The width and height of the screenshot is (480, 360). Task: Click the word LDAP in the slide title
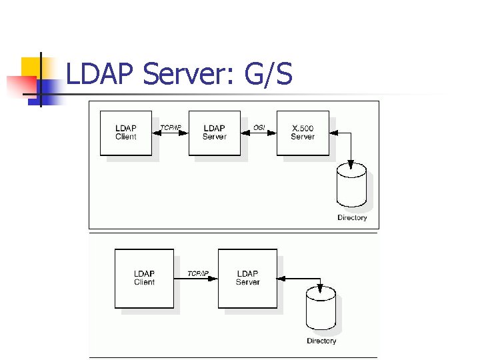[101, 75]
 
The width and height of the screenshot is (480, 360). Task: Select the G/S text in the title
[268, 75]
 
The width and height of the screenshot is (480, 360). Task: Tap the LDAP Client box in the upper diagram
[125, 133]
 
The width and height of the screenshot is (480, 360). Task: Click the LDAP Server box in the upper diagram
[214, 133]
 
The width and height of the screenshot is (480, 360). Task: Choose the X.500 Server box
[303, 133]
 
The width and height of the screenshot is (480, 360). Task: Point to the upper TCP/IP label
[170, 127]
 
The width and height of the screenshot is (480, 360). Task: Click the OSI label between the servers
[259, 127]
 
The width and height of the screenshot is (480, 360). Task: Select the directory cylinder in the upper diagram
[351, 186]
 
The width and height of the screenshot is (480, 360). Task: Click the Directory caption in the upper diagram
[352, 218]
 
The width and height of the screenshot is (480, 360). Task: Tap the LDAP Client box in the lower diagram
[144, 278]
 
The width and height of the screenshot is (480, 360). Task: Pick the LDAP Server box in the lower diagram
[247, 278]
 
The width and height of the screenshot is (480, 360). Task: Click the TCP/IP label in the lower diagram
[197, 273]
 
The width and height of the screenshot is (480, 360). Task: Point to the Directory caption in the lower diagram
[321, 341]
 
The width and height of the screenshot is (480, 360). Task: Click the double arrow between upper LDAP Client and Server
[170, 133]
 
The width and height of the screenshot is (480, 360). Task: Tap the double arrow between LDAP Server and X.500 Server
[259, 133]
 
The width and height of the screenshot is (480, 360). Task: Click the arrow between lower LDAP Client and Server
[196, 279]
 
